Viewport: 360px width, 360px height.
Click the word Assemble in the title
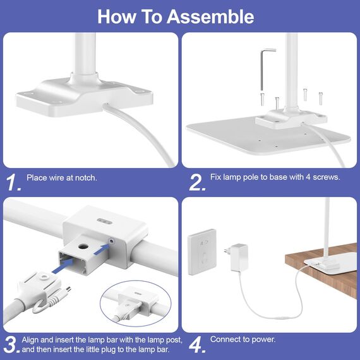210,16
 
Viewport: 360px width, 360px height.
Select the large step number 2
197,183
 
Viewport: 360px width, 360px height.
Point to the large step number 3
11,345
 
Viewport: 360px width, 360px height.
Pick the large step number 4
197,345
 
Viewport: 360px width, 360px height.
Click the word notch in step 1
86,178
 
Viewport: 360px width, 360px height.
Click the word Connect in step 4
225,339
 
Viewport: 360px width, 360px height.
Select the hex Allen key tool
265,69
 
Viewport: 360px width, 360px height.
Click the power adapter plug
237,257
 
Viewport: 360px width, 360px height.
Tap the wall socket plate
202,252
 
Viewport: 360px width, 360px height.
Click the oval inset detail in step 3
135,303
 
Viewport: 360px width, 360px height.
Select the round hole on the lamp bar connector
83,247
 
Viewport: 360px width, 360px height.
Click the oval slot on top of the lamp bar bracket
104,221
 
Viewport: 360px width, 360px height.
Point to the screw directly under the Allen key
263,99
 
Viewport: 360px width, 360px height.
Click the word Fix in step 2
215,177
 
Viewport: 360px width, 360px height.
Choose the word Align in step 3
31,340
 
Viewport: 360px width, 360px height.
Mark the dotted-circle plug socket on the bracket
112,241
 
